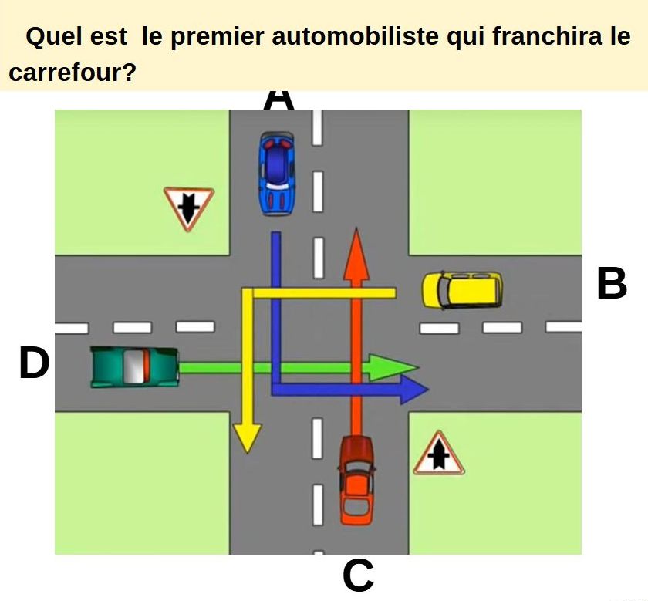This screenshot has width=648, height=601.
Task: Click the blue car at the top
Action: pyautogui.click(x=278, y=174)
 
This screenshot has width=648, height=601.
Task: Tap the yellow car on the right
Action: pyautogui.click(x=462, y=290)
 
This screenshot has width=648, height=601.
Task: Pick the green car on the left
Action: pyautogui.click(x=135, y=366)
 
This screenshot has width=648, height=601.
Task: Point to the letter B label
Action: pyautogui.click(x=612, y=284)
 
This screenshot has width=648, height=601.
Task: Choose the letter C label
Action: pyautogui.click(x=358, y=576)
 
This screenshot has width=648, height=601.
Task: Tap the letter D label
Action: pyautogui.click(x=34, y=363)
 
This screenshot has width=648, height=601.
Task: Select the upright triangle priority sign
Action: pyautogui.click(x=439, y=454)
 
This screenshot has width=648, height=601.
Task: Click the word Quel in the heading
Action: pyautogui.click(x=55, y=36)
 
